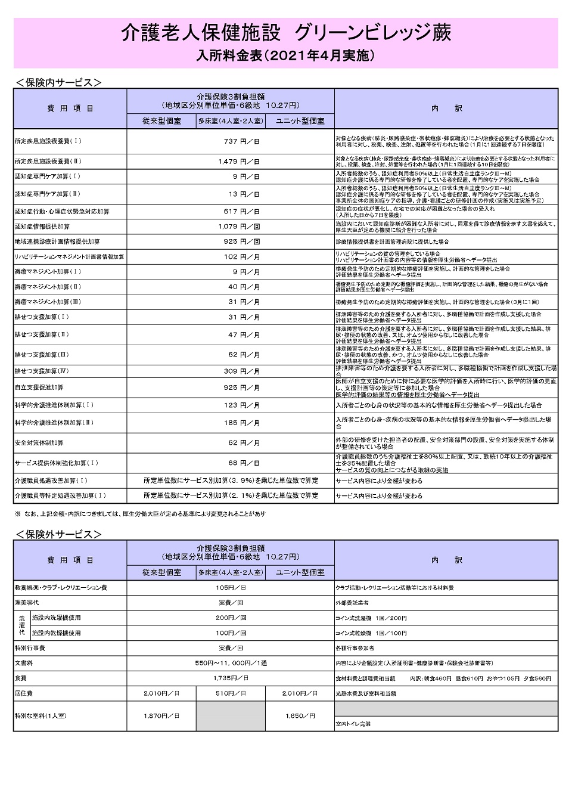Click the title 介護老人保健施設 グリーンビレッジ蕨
pyautogui.click(x=285, y=33)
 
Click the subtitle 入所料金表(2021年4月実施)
pyautogui.click(x=285, y=55)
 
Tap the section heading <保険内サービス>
pyautogui.click(x=58, y=83)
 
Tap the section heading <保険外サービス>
pyautogui.click(x=58, y=534)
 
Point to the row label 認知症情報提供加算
pyautogui.click(x=42, y=227)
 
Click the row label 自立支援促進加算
pyautogui.click(x=39, y=388)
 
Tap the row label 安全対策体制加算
pyautogui.click(x=39, y=443)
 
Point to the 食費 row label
pyautogui.click(x=21, y=678)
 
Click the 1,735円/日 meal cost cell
pyautogui.click(x=231, y=678)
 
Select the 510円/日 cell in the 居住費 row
pyautogui.click(x=231, y=693)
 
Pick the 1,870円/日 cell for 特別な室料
pyautogui.click(x=161, y=715)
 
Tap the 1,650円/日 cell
pyautogui.click(x=300, y=715)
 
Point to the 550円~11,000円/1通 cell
pyautogui.click(x=231, y=663)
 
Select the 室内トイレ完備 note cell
pyautogui.click(x=353, y=724)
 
